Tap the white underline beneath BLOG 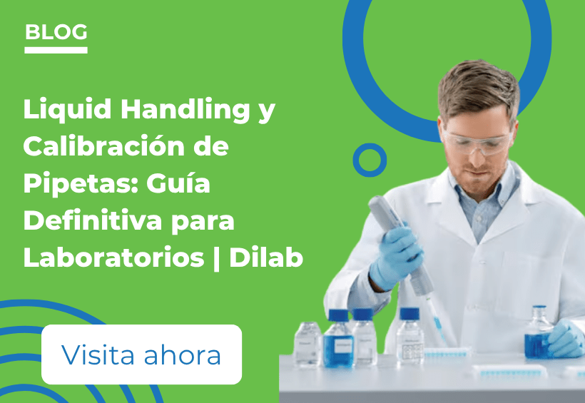56,50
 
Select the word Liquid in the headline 67,110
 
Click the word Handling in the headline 185,110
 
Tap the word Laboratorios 114,257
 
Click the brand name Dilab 266,257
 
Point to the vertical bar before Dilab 217,258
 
